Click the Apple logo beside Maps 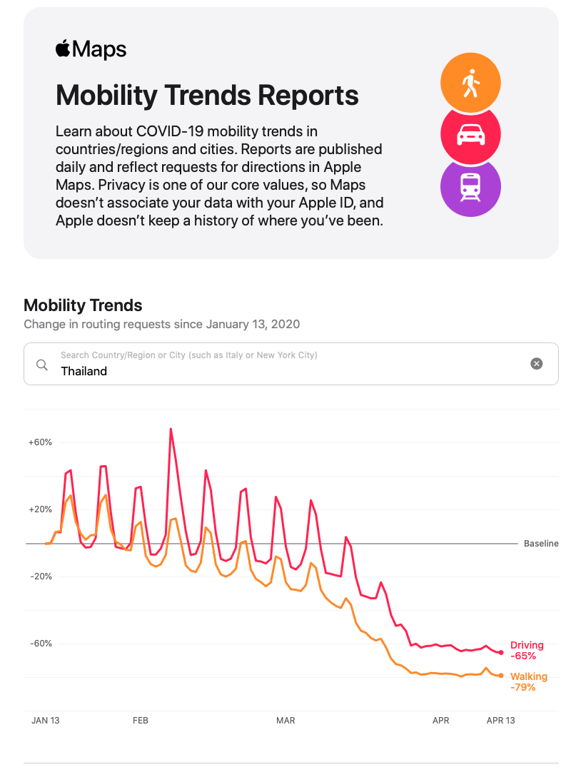[x=63, y=49]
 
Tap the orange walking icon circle [x=470, y=83]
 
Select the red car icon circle [x=470, y=134]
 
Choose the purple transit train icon [x=470, y=186]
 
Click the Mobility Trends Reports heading [x=207, y=95]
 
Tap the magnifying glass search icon [x=42, y=365]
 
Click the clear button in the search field [x=537, y=364]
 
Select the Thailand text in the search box [x=84, y=371]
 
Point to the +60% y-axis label [x=40, y=442]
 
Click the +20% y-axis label [x=40, y=509]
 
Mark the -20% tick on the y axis [x=40, y=577]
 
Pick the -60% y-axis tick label [x=40, y=644]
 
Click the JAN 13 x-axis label [x=46, y=721]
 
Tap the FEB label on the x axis [x=141, y=721]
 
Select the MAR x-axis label [x=286, y=721]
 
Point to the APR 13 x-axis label [x=500, y=721]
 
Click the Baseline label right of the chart [x=541, y=544]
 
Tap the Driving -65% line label [x=527, y=650]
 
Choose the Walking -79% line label [x=529, y=681]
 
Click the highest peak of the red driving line [x=171, y=429]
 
